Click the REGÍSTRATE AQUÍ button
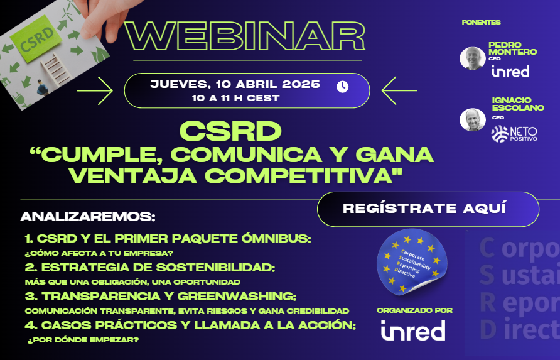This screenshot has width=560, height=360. (428, 209)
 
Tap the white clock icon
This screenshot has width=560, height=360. (342, 87)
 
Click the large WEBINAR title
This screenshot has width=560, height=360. (245, 36)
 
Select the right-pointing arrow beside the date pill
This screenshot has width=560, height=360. (95, 91)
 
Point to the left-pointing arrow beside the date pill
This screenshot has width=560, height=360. (399, 91)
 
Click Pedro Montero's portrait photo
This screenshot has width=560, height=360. (473, 58)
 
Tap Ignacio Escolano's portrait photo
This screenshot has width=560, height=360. (473, 120)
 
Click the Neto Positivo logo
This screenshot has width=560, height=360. (514, 134)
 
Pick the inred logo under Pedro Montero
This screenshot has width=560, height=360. (510, 71)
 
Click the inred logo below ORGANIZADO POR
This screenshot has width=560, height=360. (413, 330)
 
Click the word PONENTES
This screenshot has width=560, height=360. (481, 23)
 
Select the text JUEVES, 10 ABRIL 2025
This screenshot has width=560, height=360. (235, 84)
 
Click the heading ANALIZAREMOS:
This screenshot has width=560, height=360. (88, 217)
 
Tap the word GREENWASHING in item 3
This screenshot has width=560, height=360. (237, 297)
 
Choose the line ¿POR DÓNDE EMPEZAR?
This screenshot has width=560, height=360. (83, 340)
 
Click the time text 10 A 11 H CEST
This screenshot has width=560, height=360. (235, 98)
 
